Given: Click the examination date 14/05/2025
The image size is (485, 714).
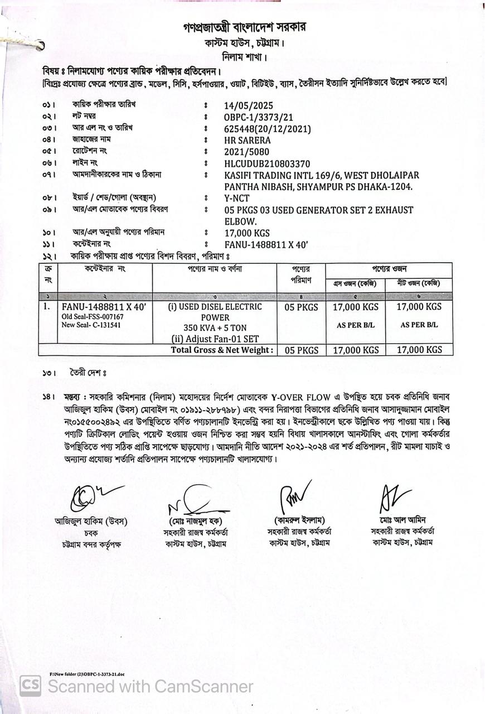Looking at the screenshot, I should click(249, 105).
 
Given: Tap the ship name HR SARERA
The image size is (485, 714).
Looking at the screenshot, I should click(247, 140).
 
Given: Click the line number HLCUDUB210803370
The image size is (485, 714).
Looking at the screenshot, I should click(267, 163).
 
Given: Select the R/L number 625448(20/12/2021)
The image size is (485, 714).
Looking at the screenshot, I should click(267, 128).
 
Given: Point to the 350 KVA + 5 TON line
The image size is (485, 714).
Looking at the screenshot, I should click(215, 327).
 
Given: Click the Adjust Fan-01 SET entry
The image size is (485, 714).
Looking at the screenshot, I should click(215, 338).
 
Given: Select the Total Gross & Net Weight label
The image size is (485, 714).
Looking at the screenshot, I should click(222, 350).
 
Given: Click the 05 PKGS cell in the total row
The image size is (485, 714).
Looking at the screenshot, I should click(301, 350).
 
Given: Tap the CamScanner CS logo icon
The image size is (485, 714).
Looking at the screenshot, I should click(30, 686).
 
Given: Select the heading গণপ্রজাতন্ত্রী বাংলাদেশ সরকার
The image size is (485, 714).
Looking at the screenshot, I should click(245, 27).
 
